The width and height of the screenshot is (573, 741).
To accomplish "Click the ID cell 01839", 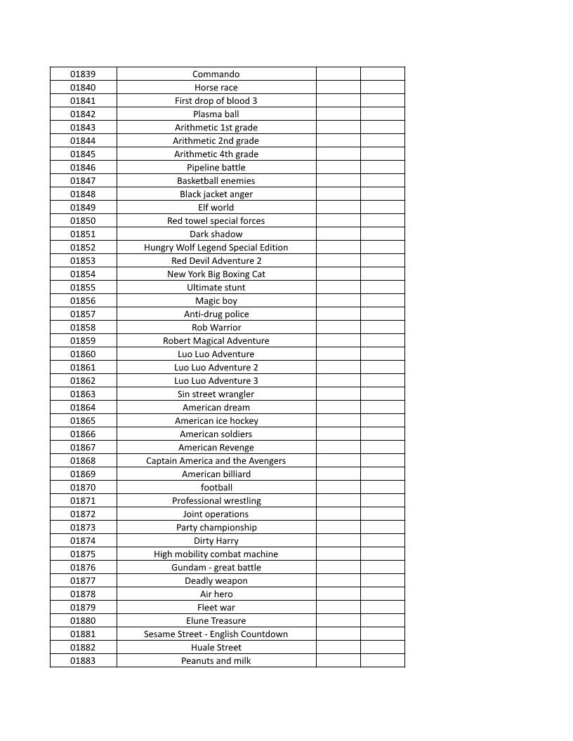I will tap(83, 74).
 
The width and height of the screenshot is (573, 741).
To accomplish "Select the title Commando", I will tap(216, 74).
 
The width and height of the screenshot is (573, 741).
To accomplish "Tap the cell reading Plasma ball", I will tap(216, 114).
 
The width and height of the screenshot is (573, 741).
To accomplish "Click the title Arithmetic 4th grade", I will tap(216, 154).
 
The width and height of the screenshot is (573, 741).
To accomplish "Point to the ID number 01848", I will tap(83, 194).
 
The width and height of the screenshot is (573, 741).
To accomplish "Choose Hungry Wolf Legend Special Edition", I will tap(216, 248).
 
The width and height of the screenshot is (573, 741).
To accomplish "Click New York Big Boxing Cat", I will tap(216, 274).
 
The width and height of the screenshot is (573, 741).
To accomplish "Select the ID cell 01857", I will tap(83, 314).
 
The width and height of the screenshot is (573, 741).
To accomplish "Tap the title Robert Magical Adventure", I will tap(216, 341).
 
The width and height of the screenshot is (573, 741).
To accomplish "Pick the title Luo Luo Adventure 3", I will tap(216, 381).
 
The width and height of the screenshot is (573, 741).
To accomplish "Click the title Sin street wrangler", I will tap(216, 394).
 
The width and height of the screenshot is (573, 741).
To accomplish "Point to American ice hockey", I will tap(216, 421).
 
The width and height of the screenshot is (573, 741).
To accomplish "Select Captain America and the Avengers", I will tap(216, 461).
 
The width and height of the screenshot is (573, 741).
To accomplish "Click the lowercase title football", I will tap(216, 488).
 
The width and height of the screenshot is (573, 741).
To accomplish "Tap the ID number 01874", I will tap(83, 541).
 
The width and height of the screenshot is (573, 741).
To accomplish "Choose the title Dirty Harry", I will tap(216, 541).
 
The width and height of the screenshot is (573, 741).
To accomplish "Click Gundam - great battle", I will tap(216, 568).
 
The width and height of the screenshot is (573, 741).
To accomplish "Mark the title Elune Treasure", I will tap(216, 621).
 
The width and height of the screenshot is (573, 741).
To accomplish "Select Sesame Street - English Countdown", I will tap(216, 634).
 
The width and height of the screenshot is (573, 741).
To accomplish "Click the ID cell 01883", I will tap(83, 661).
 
